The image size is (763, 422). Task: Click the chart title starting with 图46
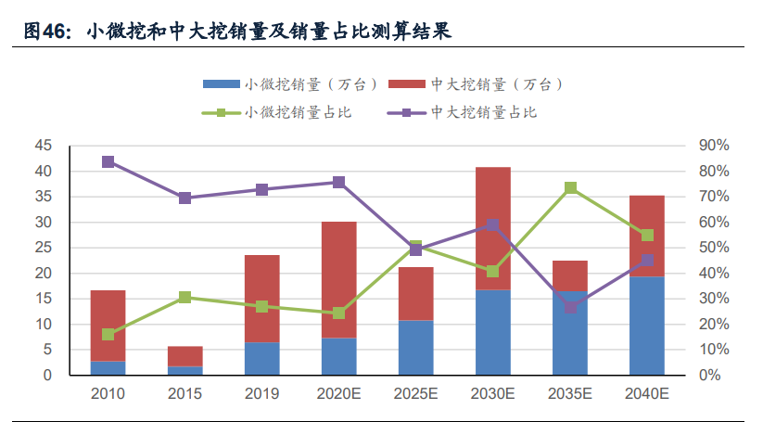(237, 32)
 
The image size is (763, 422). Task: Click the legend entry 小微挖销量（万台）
(292, 84)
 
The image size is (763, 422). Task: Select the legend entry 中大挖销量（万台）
(478, 84)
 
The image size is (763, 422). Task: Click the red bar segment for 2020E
(339, 279)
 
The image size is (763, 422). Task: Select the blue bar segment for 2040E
(647, 326)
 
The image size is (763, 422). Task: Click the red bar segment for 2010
(108, 326)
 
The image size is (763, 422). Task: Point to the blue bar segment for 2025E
(416, 348)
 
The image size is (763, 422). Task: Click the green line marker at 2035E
(570, 188)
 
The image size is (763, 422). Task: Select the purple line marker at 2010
(108, 162)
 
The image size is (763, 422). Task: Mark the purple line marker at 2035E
(570, 307)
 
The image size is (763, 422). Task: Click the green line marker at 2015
(185, 298)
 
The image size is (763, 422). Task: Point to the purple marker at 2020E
(339, 183)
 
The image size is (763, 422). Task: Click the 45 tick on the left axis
(44, 147)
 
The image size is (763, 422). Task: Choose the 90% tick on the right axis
(715, 147)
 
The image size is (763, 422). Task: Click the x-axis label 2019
(262, 393)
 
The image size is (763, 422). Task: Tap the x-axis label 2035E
(570, 393)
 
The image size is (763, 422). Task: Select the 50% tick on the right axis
(715, 248)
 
